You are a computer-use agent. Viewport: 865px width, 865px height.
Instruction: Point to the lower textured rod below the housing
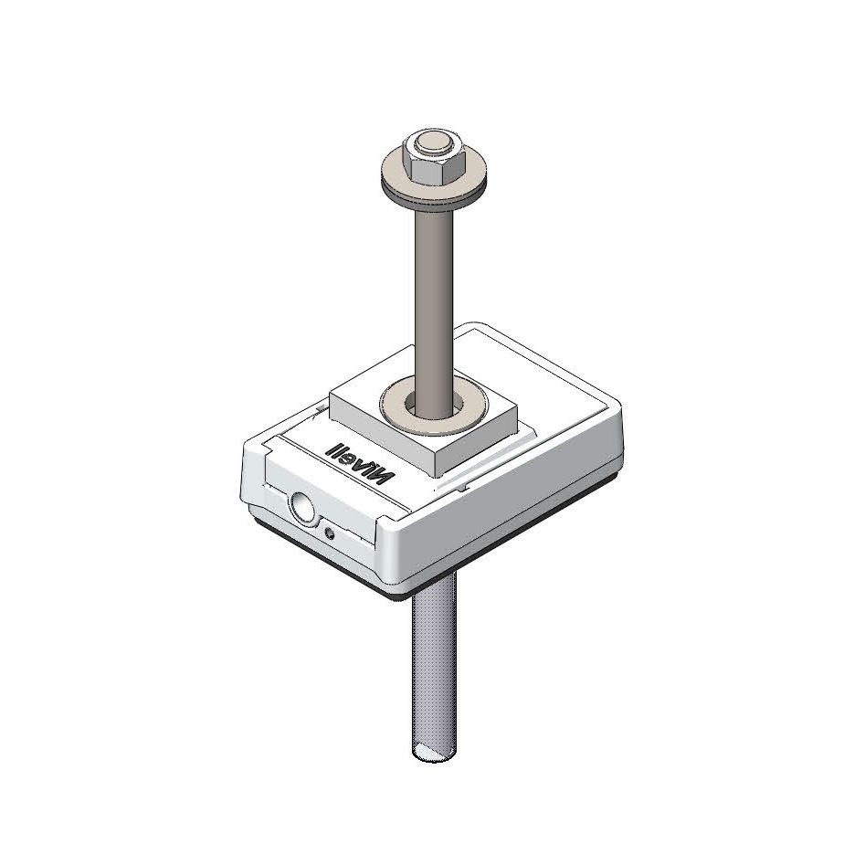[428, 667]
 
